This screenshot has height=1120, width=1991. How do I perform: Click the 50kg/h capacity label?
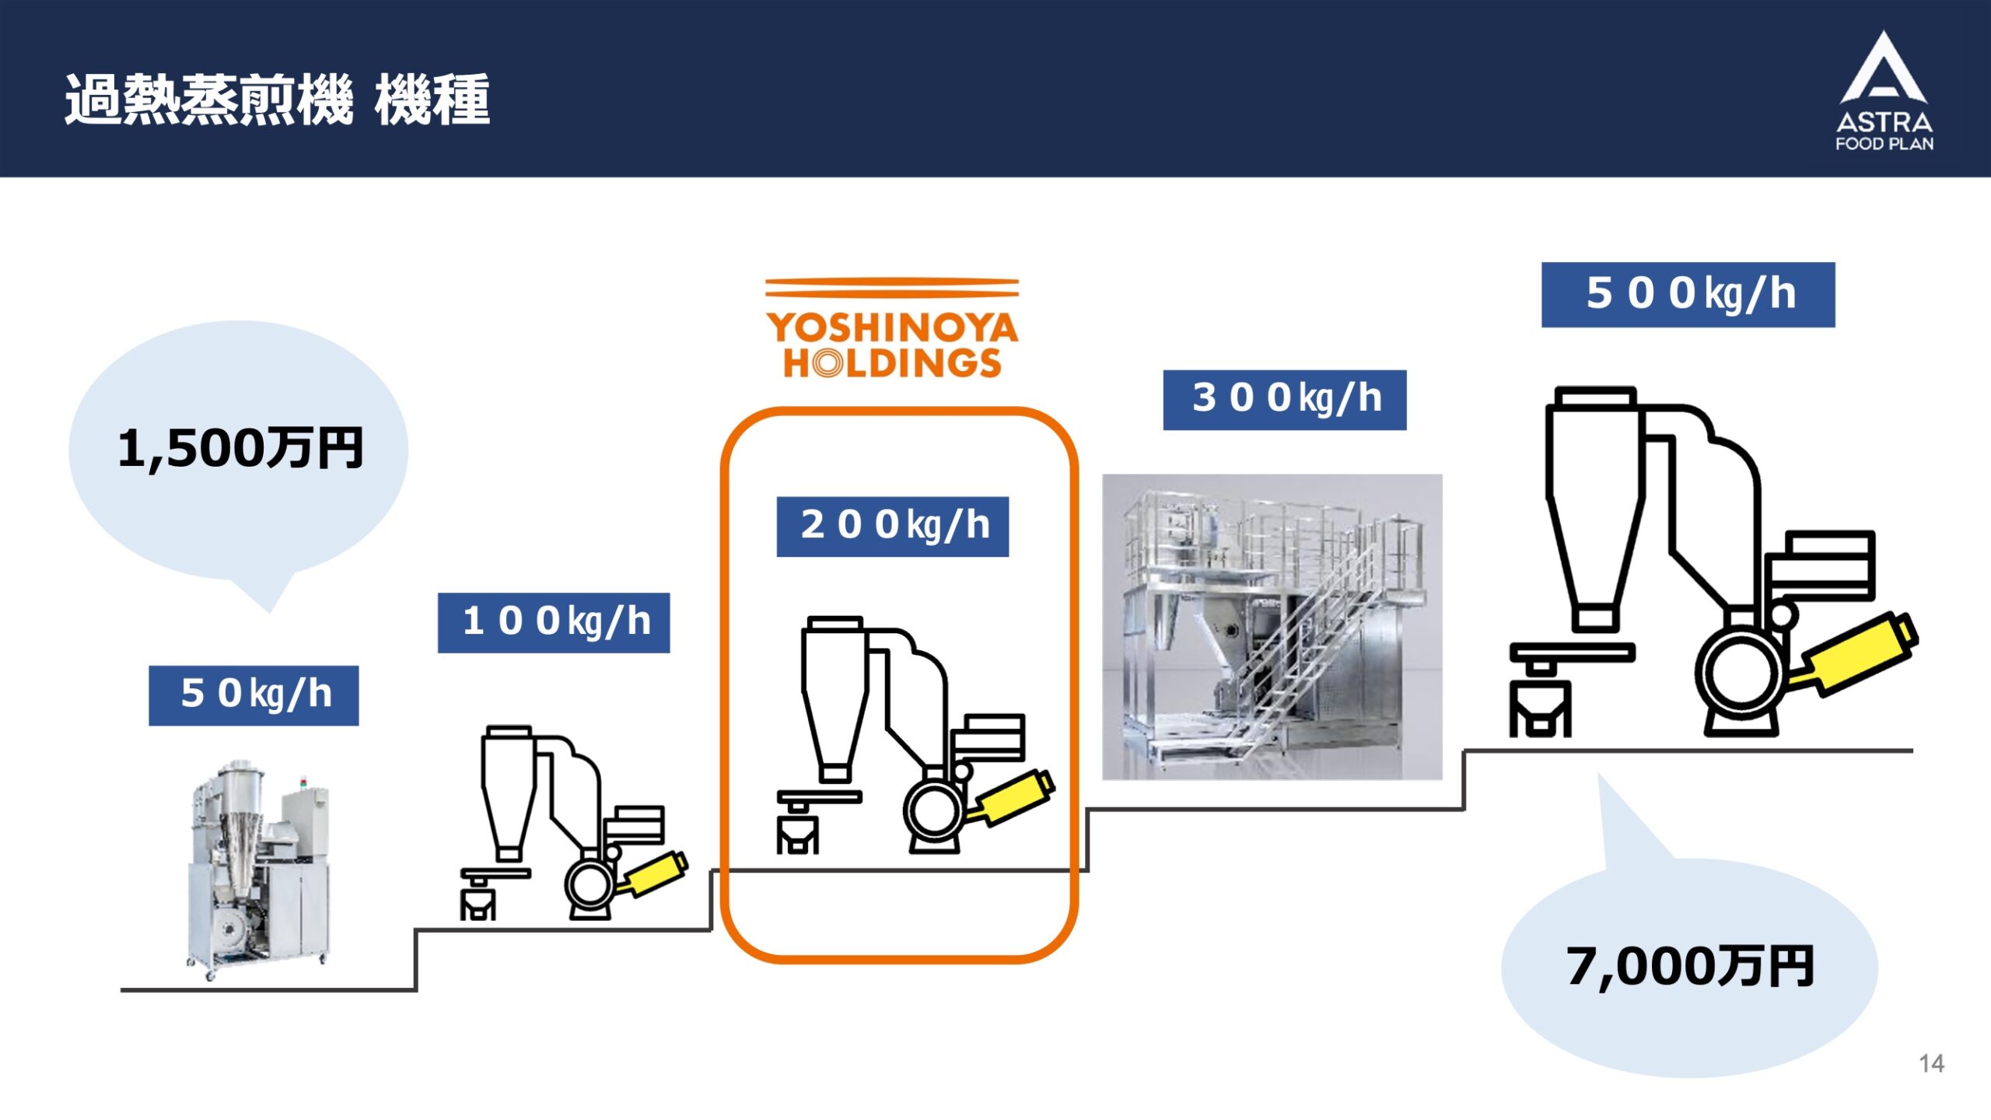(x=254, y=695)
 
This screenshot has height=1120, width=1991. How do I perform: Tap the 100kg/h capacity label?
(x=554, y=623)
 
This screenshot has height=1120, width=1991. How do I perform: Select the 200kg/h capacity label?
(x=893, y=527)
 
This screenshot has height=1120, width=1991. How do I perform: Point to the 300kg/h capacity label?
(x=1285, y=400)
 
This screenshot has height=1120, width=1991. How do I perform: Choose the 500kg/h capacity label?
(x=1688, y=295)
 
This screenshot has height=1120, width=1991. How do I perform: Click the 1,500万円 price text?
(x=240, y=449)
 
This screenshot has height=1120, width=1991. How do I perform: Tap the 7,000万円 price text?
(x=1690, y=967)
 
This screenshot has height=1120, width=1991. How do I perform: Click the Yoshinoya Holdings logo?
(x=892, y=328)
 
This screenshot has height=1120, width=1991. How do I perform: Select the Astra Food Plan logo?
(x=1884, y=91)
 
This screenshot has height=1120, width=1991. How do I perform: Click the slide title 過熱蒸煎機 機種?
(x=278, y=100)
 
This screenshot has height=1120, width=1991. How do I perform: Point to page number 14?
(x=1932, y=1063)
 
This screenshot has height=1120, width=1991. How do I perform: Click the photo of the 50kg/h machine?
(x=258, y=870)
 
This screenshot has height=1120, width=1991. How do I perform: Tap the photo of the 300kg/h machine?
(x=1272, y=627)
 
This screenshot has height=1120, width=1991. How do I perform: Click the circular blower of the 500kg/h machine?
(x=1741, y=674)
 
